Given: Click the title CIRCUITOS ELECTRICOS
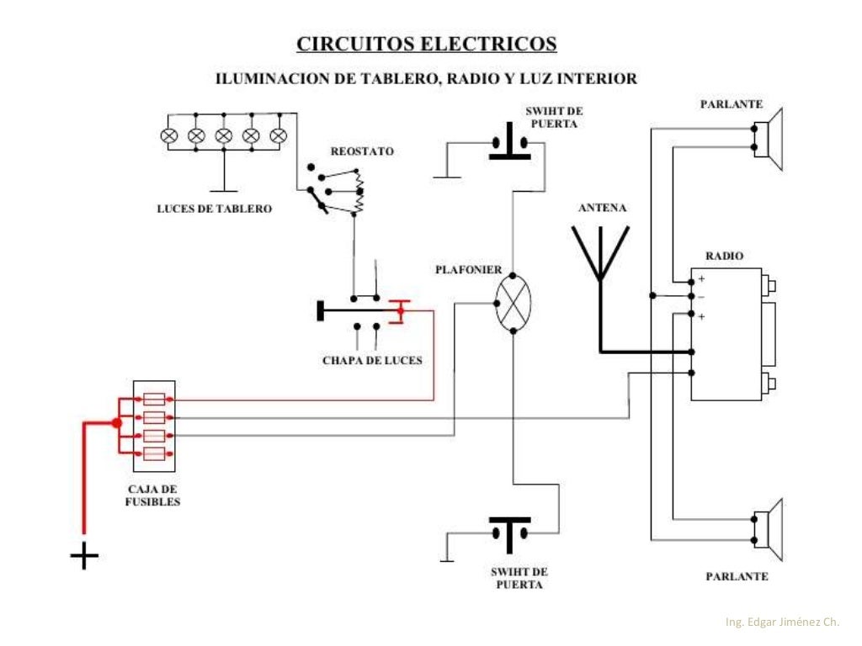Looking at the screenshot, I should [x=426, y=44].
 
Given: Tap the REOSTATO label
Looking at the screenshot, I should [x=362, y=152].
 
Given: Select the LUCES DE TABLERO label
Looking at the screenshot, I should [x=215, y=209].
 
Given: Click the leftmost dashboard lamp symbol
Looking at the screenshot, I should [x=168, y=135].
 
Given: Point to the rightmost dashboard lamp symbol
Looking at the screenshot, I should [x=278, y=135].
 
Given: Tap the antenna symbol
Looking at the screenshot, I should [x=601, y=252].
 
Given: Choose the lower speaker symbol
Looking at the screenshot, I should [x=769, y=529].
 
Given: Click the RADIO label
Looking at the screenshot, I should [x=724, y=257].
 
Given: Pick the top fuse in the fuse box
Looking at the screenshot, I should [x=154, y=400].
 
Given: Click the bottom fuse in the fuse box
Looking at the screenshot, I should [x=154, y=454].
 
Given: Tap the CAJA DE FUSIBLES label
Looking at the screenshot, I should [x=154, y=495].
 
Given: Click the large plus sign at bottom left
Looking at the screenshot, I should [x=83, y=556].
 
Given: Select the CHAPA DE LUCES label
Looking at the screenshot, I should [x=372, y=361].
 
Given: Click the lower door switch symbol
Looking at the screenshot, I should [x=510, y=530].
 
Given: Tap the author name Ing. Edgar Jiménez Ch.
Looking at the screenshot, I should [x=782, y=622].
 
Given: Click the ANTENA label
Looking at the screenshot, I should [x=602, y=208].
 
